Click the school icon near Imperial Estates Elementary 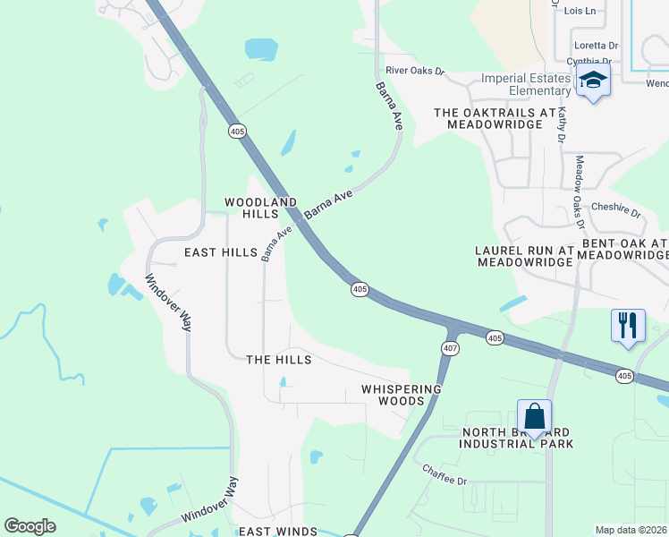point(593,81)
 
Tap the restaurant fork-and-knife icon point(627,325)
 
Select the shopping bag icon point(534,417)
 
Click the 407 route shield point(450,348)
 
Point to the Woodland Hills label point(261,209)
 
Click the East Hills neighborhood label point(221,253)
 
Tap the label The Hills point(279,360)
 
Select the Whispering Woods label point(402,395)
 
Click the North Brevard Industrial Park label point(517,438)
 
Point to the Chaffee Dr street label point(445,474)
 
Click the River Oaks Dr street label point(414,70)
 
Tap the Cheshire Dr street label point(616,210)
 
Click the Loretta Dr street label point(596,45)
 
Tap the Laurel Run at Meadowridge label point(524,256)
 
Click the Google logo point(30,526)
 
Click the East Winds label point(277,531)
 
